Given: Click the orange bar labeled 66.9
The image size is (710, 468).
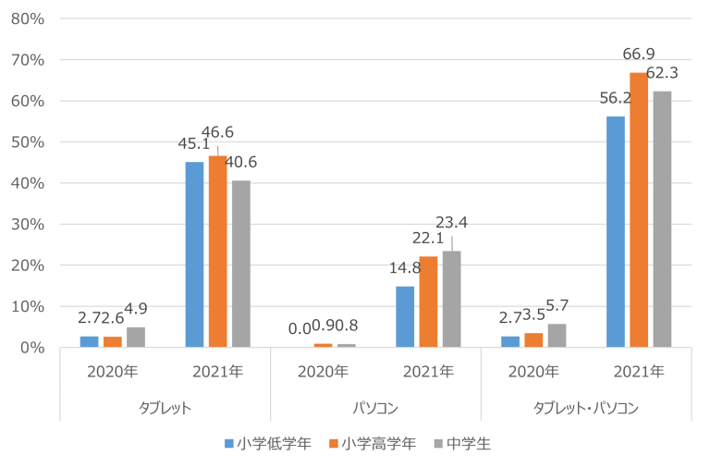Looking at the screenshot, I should click(639, 209).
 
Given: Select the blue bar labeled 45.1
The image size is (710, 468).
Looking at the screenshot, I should click(194, 254).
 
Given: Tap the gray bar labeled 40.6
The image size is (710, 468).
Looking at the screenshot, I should click(240, 264).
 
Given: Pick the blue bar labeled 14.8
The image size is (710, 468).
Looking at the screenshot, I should click(405, 316).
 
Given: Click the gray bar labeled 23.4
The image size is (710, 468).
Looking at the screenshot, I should click(451, 299).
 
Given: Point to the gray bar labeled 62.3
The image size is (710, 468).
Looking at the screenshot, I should click(662, 219).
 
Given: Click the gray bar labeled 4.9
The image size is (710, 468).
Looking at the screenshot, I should click(136, 337).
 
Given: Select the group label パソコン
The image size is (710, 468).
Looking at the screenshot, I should click(375, 407).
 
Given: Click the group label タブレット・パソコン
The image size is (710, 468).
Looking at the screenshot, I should click(586, 407).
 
